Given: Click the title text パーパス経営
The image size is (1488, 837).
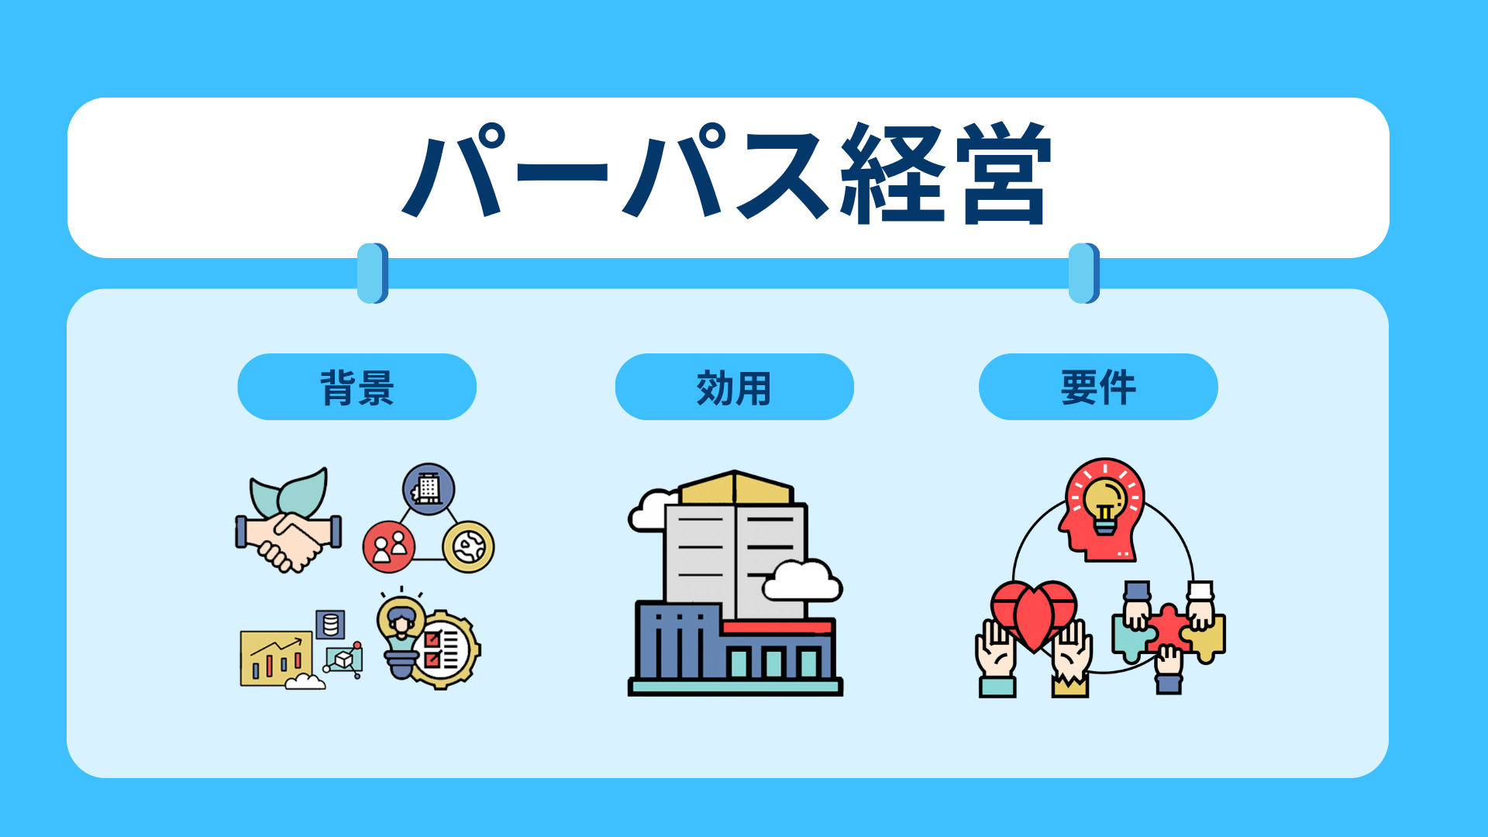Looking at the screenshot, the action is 727,174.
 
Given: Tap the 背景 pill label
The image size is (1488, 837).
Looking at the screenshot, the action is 356,387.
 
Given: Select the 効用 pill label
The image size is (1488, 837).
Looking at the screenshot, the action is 734,387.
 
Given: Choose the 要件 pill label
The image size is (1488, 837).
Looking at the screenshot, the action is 1098,387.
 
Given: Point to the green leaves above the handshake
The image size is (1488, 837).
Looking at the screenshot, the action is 289,492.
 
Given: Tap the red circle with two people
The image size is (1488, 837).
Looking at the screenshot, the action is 389,546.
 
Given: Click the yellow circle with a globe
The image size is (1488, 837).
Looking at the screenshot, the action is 468,546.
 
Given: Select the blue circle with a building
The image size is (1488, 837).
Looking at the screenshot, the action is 429,489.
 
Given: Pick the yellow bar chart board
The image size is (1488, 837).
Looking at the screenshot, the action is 276,658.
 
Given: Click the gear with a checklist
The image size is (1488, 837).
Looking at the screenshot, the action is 444,649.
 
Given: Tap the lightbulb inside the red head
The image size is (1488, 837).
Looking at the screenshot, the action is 1104,505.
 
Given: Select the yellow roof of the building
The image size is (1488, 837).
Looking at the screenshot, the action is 736,487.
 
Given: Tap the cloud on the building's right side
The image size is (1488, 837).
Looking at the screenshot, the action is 802,581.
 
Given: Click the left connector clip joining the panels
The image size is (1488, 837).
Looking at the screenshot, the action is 373,273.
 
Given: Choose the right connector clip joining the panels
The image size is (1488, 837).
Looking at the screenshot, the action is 1084,273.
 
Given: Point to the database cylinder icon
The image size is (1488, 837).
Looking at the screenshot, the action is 330,624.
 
